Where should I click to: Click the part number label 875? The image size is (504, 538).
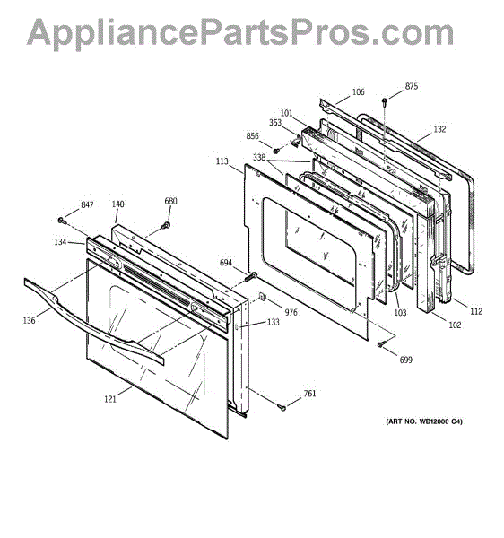click(412, 86)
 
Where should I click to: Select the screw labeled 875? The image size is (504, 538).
click(384, 101)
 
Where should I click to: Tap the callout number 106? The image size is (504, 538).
click(358, 91)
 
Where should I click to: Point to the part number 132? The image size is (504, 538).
click(439, 129)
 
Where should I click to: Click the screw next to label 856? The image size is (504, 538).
click(275, 151)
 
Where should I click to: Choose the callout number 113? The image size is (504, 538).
click(222, 161)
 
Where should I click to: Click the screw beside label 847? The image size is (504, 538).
click(62, 221)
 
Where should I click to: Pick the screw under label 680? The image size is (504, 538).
click(166, 225)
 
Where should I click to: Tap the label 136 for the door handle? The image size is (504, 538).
click(30, 320)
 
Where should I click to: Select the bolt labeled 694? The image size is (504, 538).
click(251, 276)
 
